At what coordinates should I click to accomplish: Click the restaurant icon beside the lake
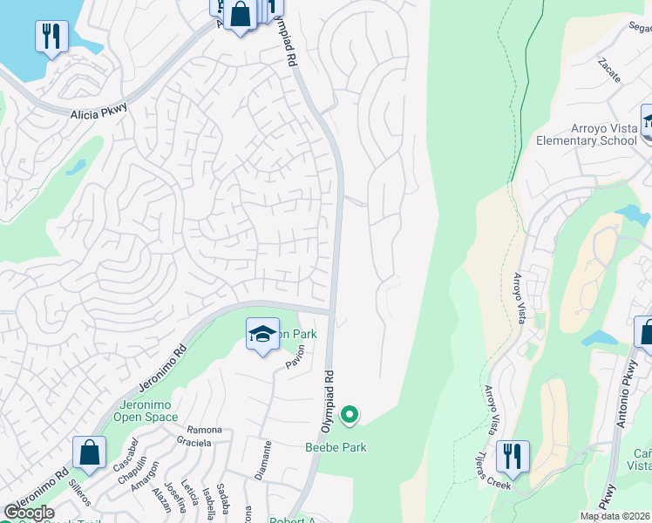coord(51,37)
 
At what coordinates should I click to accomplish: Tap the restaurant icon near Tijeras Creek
coord(512,457)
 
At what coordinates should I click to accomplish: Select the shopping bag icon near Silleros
coord(89,452)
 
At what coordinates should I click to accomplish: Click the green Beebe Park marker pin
coord(350,416)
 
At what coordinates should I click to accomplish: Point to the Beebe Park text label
coord(336,448)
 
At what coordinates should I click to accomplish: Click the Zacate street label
coord(609,70)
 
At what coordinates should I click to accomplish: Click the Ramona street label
coord(205,430)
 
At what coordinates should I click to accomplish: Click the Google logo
coord(29,513)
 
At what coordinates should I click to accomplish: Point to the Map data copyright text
coord(615,516)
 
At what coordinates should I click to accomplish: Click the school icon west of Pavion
coord(262,335)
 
